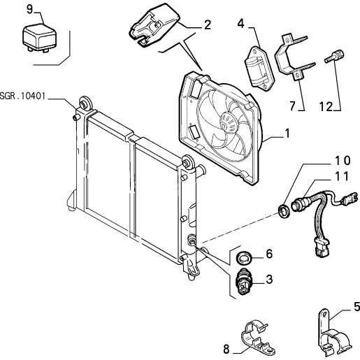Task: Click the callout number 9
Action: point(29,10)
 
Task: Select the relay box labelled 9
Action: point(39,38)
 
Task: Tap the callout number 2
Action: point(207,25)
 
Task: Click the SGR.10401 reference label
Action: point(22,96)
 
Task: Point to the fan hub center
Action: point(224,126)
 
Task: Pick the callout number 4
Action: point(241,24)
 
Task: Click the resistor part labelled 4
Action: point(259,68)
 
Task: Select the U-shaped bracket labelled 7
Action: point(294,57)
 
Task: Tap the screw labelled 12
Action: point(334,56)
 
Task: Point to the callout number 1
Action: point(287,134)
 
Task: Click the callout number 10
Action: point(343,160)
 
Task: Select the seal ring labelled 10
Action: point(285,211)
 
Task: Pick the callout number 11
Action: point(342,176)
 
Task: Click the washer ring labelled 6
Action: point(244,257)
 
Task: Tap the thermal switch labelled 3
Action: point(244,281)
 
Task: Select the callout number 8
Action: point(226,349)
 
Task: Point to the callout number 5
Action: point(357,307)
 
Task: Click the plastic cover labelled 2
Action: point(154,25)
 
